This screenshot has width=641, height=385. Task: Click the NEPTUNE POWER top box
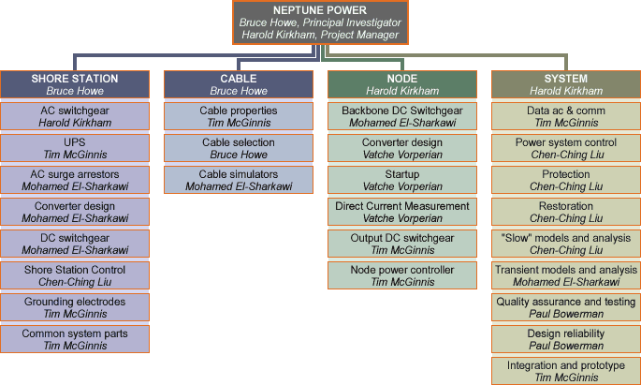click(320, 22)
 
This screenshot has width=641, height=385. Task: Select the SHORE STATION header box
click(75, 84)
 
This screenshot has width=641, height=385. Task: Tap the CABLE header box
click(239, 84)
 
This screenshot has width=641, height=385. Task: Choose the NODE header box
click(402, 84)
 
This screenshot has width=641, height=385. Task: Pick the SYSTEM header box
click(566, 84)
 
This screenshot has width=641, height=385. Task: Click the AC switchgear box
click(75, 116)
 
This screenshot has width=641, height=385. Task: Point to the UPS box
click(75, 148)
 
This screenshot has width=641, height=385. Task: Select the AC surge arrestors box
click(75, 180)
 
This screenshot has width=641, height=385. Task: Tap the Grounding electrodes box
click(75, 307)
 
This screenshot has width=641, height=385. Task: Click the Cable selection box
click(239, 148)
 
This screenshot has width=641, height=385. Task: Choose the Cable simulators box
click(239, 180)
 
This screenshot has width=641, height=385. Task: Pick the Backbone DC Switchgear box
click(402, 116)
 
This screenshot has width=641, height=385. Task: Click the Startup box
click(402, 180)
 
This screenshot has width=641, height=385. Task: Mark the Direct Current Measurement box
click(402, 212)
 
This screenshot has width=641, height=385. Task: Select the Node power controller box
click(402, 275)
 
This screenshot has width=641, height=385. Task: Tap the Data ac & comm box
click(566, 116)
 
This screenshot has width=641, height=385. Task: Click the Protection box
click(566, 180)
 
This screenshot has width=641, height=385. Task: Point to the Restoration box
click(566, 212)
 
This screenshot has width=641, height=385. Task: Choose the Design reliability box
click(566, 339)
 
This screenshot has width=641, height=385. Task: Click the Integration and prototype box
click(566, 371)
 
